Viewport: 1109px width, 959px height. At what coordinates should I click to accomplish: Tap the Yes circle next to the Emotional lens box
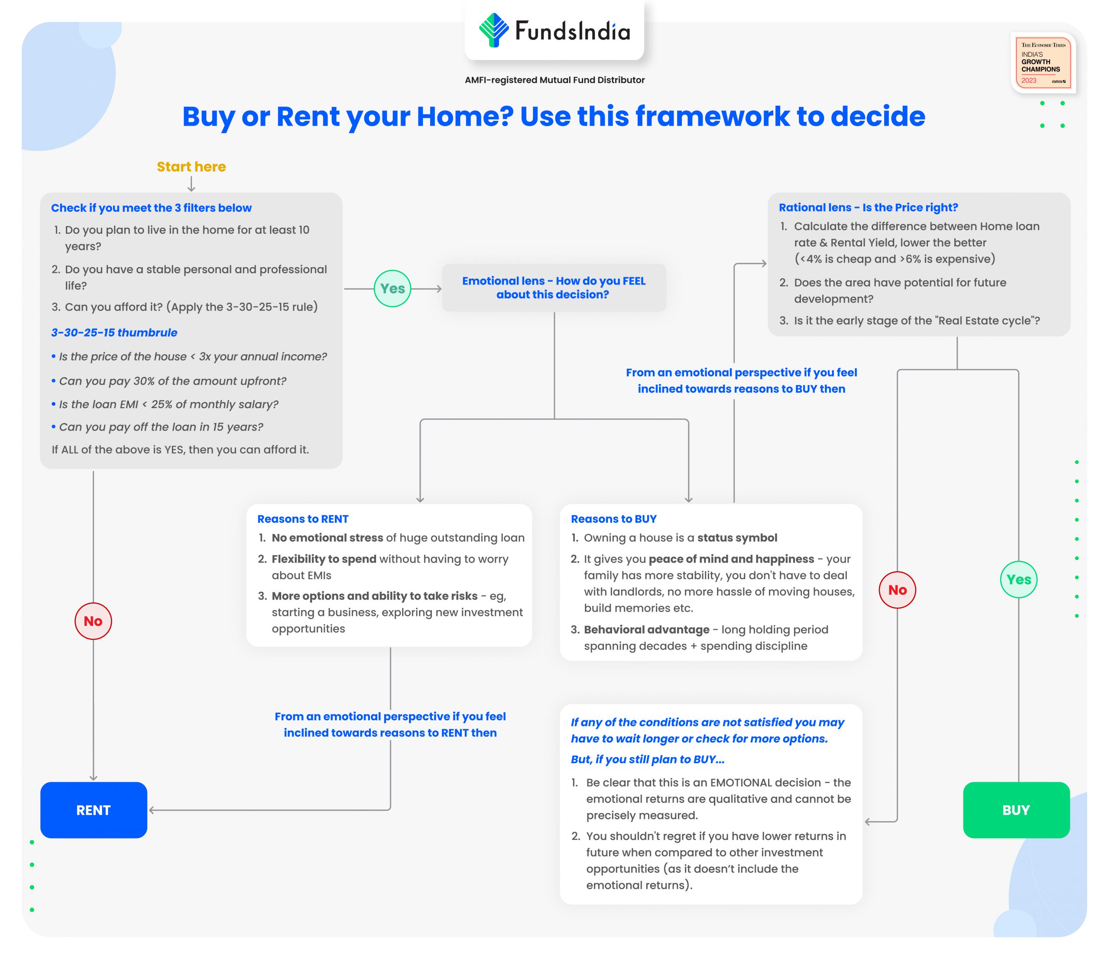tap(392, 288)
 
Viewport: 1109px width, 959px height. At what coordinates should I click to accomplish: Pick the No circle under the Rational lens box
tap(898, 590)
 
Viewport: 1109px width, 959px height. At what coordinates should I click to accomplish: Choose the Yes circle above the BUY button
tap(1018, 580)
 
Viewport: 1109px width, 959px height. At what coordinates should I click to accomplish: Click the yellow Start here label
tap(191, 167)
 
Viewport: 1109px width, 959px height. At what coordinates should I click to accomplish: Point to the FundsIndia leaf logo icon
tap(493, 30)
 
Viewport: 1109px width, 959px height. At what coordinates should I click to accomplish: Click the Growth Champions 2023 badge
tap(1043, 63)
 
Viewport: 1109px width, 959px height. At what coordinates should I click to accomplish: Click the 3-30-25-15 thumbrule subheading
tap(114, 332)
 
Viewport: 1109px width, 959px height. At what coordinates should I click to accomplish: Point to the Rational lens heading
tap(868, 207)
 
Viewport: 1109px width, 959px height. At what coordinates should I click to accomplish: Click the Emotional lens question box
tap(554, 288)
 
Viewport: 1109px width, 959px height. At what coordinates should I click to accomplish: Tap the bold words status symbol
tap(737, 538)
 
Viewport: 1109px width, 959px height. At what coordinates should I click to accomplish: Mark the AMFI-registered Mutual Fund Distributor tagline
tap(554, 80)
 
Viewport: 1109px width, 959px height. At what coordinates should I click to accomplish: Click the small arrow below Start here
tap(191, 185)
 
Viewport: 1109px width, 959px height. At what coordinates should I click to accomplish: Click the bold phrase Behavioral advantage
tap(647, 630)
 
